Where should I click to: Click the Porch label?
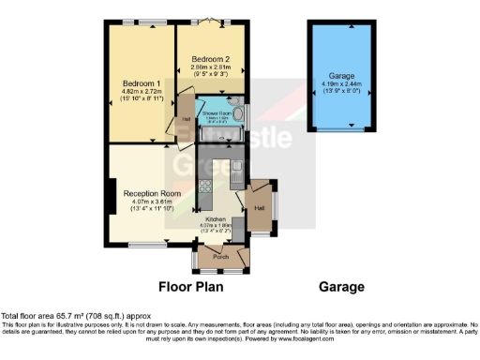pos(221,257)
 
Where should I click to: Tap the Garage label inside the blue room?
pos(340,75)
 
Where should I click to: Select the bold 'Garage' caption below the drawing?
pos(340,287)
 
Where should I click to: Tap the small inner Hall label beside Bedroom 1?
pos(187,119)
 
